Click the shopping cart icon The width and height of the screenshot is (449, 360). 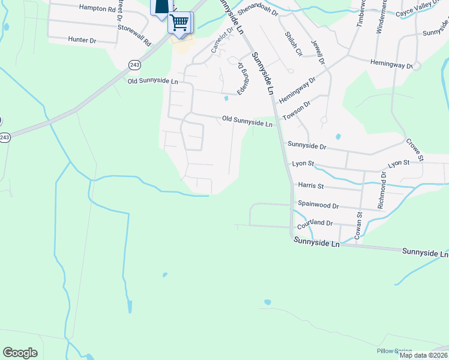click(x=179, y=23)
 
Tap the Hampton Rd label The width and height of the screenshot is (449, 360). click(x=97, y=9)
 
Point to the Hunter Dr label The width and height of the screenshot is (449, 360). click(x=82, y=40)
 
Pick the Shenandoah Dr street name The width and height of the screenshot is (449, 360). click(x=258, y=11)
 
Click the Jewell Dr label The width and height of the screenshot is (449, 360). click(x=318, y=52)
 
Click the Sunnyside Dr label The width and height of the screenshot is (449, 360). click(x=307, y=145)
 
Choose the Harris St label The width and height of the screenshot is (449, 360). click(x=310, y=186)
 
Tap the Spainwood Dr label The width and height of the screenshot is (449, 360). click(x=318, y=205)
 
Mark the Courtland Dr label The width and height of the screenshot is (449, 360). click(x=315, y=223)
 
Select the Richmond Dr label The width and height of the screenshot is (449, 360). click(x=381, y=191)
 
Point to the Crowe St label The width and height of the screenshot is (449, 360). click(x=414, y=149)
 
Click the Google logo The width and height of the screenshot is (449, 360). click(x=20, y=353)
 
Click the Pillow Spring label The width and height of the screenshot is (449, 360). click(x=394, y=351)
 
